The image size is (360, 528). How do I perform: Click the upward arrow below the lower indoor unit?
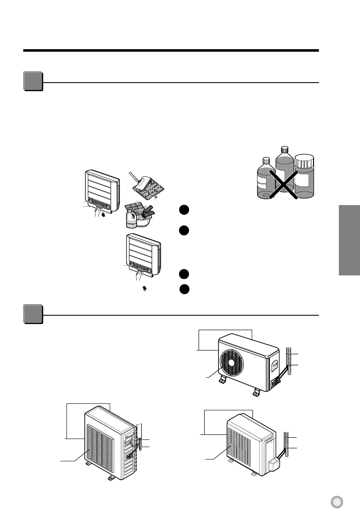145,289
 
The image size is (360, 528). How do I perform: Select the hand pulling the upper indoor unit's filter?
97,211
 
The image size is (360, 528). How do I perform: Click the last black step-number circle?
183,289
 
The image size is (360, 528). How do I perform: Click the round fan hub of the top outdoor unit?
231,362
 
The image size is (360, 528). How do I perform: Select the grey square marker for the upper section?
33,82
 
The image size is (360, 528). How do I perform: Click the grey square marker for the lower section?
33,314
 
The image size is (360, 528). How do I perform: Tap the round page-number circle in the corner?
337,502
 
